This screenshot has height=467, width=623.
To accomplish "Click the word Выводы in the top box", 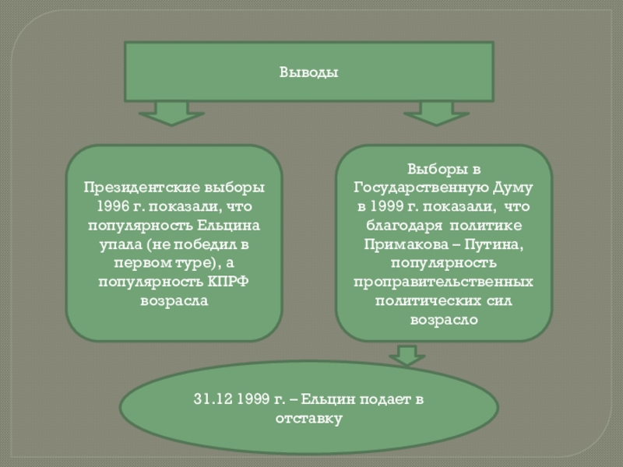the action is (309, 72).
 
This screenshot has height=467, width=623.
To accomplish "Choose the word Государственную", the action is (421, 188).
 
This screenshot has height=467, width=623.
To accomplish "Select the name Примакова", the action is (403, 244).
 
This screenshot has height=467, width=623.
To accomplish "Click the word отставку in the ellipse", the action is (309, 419).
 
